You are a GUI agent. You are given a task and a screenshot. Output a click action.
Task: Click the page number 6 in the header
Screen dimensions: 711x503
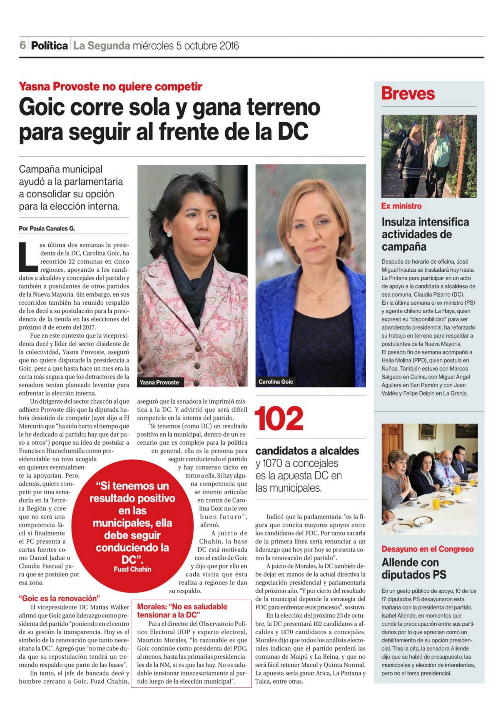(23, 46)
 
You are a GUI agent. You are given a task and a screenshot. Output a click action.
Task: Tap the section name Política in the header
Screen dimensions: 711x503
(49, 46)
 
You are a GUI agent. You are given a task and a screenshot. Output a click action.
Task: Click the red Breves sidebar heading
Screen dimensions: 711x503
(408, 94)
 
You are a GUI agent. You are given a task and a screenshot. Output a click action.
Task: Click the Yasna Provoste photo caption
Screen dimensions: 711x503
(159, 382)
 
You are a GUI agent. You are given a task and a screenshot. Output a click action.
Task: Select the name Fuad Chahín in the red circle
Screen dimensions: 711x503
(132, 569)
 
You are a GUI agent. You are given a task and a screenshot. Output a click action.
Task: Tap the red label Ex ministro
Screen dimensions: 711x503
(401, 206)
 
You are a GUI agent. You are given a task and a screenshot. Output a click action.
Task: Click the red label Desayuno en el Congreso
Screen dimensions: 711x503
(427, 549)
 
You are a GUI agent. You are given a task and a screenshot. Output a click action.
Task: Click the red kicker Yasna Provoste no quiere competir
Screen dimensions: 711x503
(110, 87)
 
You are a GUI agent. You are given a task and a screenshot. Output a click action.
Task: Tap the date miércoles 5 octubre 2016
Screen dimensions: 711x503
(186, 46)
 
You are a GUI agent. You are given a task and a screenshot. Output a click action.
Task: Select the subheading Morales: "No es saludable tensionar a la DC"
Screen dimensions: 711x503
(182, 610)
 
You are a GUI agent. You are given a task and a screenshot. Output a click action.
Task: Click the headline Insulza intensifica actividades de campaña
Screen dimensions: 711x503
(425, 234)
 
